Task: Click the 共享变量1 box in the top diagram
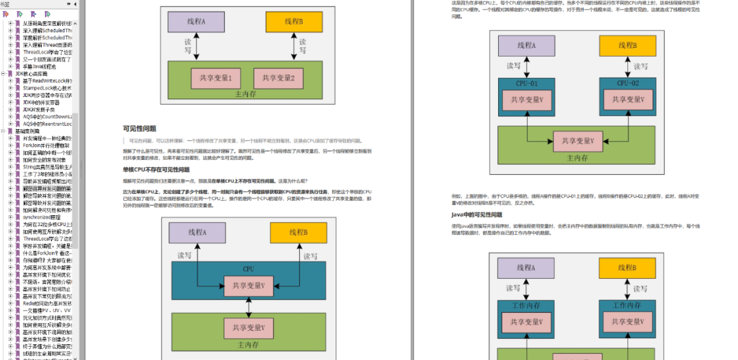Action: pos(216,79)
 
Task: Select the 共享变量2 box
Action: pos(277,79)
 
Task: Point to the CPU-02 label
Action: pos(627,83)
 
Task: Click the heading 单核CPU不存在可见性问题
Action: pos(156,169)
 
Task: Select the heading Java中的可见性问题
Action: pos(482,214)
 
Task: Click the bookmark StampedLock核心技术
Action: pos(47,88)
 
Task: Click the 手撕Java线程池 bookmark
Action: pos(40,66)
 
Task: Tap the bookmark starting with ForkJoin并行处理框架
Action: pos(47,146)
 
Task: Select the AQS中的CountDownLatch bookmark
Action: pos(47,117)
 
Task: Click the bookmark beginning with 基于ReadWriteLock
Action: pos(47,81)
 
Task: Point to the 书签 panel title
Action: pos(6,4)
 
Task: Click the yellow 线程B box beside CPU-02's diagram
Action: pos(627,46)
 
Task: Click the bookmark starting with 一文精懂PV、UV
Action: pos(47,310)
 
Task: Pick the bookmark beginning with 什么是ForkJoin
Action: pos(47,253)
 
